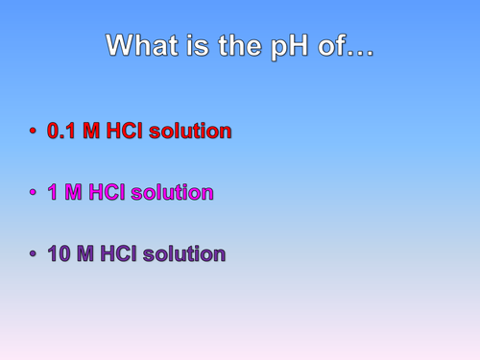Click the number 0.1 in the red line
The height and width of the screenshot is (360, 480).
click(62, 130)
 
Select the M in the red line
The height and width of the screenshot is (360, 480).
click(91, 130)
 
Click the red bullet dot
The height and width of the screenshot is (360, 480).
click(33, 131)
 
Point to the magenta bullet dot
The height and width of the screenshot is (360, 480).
click(33, 192)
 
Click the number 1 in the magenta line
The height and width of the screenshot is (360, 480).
click(54, 192)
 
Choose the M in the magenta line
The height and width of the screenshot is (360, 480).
click(73, 192)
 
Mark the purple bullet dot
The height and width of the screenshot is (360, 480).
click(33, 254)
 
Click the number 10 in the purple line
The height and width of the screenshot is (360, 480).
click(59, 253)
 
